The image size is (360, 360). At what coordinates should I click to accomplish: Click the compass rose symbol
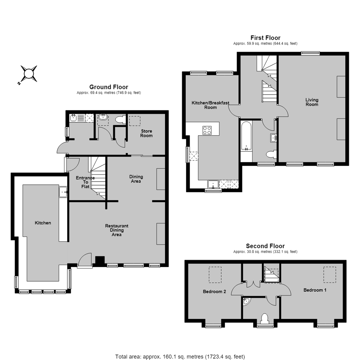click(28, 74)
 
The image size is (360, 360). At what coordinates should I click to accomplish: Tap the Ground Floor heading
click(109, 87)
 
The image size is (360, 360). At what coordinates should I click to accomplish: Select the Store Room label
click(146, 133)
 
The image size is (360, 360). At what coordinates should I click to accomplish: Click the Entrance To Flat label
click(85, 182)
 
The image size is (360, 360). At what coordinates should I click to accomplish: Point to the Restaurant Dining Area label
click(117, 230)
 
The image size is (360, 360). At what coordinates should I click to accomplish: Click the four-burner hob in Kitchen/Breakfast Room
click(207, 130)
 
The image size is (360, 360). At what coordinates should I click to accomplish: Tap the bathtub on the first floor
click(246, 136)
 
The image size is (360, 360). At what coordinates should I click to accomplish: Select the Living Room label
click(312, 102)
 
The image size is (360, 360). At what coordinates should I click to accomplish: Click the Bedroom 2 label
click(214, 292)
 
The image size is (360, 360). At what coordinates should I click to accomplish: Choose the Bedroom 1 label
click(315, 290)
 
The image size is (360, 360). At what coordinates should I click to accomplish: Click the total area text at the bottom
click(180, 357)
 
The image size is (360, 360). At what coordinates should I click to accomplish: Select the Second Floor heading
click(265, 246)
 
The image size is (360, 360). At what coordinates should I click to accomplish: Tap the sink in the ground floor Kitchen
click(63, 192)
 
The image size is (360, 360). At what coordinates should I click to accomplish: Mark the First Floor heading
click(265, 38)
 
